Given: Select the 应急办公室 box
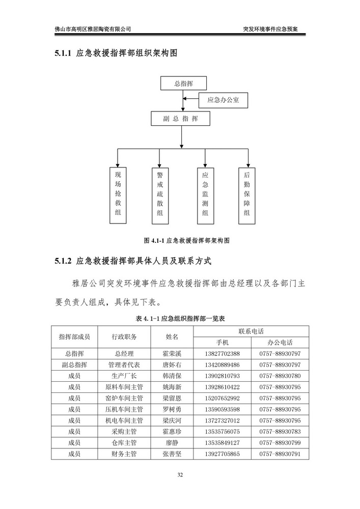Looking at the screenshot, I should pyautogui.click(x=219, y=101).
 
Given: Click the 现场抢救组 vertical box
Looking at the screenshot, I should pyautogui.click(x=119, y=194).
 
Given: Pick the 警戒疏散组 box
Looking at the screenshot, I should pyautogui.click(x=160, y=194).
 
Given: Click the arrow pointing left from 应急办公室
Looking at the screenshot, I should pyautogui.click(x=191, y=101).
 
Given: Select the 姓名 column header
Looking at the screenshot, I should pyautogui.click(x=172, y=336).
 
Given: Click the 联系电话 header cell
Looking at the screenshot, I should pyautogui.click(x=250, y=331).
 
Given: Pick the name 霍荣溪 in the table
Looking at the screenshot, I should pyautogui.click(x=172, y=354).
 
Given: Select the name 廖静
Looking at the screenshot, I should pyautogui.click(x=172, y=443).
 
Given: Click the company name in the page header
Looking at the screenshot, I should pyautogui.click(x=93, y=29).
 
